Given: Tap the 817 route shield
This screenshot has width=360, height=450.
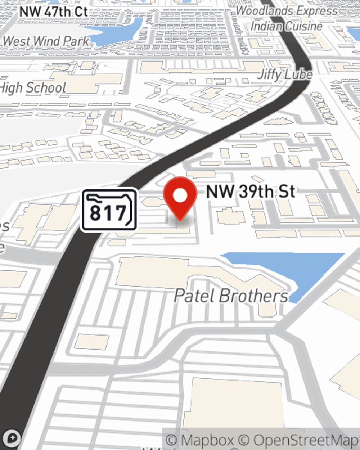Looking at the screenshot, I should [x=109, y=210].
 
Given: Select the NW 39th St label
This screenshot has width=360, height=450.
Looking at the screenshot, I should [x=251, y=191].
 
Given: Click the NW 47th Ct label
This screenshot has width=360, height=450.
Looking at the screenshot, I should [x=54, y=12].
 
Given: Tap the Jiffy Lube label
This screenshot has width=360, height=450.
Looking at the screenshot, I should [x=285, y=75].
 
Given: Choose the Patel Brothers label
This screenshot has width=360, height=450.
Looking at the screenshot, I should [x=231, y=296].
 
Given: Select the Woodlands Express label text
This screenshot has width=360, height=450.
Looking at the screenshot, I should [x=287, y=11].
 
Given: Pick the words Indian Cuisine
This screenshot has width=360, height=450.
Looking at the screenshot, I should [x=287, y=26].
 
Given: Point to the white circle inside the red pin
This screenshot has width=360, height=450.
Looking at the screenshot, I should [x=180, y=195].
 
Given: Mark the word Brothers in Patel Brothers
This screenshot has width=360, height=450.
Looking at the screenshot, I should [x=254, y=296].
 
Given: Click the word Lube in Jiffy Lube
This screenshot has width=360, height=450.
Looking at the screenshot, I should [x=298, y=75].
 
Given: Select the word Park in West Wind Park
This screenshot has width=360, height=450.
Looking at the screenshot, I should [x=76, y=41].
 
